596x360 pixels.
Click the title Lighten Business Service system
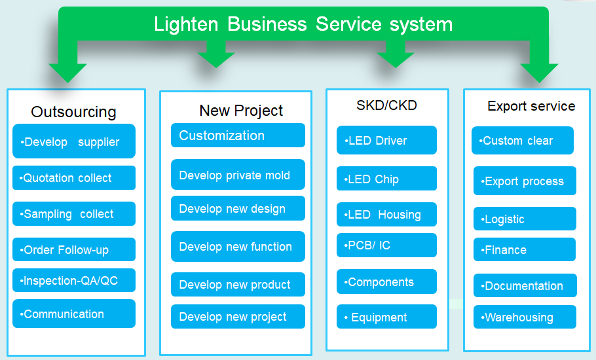pyautogui.click(x=303, y=24)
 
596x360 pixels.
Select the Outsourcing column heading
pyautogui.click(x=73, y=112)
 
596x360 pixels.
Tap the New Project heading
pyautogui.click(x=241, y=111)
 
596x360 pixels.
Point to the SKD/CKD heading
pyautogui.click(x=386, y=105)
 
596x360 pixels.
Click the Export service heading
pyautogui.click(x=531, y=106)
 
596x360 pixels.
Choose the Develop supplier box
pyautogui.click(x=74, y=141)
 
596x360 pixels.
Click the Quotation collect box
pyautogui.click(x=74, y=178)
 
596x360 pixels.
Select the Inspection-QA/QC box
pyautogui.click(x=74, y=280)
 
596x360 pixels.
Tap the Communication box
pyautogui.click(x=74, y=314)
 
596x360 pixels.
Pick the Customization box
pyautogui.click(x=238, y=135)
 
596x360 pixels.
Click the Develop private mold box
pyautogui.click(x=238, y=174)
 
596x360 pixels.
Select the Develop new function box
pyautogui.click(x=238, y=247)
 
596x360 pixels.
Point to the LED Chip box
pyautogui.click(x=386, y=179)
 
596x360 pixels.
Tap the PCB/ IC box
pyautogui.click(x=386, y=245)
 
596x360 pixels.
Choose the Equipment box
pyautogui.click(x=386, y=316)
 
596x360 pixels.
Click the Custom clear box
pyautogui.click(x=523, y=141)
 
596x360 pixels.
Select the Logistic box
pyautogui.click(x=525, y=219)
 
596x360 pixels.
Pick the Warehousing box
pyautogui.click(x=525, y=317)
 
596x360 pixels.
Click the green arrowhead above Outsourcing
pyautogui.click(x=68, y=73)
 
